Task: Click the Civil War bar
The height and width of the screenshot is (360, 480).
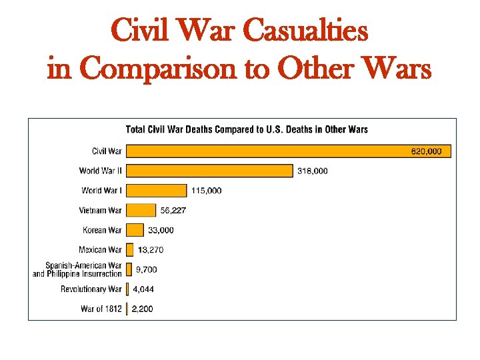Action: tap(288, 151)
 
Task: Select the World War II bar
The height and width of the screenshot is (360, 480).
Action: tap(209, 171)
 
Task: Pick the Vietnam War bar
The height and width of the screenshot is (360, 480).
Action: tap(141, 210)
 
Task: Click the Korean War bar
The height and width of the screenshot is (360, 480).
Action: tap(135, 230)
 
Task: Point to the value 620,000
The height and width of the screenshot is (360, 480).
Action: tap(425, 151)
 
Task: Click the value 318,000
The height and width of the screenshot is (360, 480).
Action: tap(312, 171)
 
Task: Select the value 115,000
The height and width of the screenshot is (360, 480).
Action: tap(206, 191)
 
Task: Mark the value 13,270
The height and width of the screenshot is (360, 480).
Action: tap(150, 250)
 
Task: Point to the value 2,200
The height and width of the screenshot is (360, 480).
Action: tap(142, 309)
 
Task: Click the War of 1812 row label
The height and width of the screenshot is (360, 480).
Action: tap(101, 309)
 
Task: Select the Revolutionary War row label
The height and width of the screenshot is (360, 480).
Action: tap(91, 289)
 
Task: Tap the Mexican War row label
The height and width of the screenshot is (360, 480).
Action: tap(101, 250)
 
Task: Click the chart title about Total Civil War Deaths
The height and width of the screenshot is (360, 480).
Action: tap(247, 129)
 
